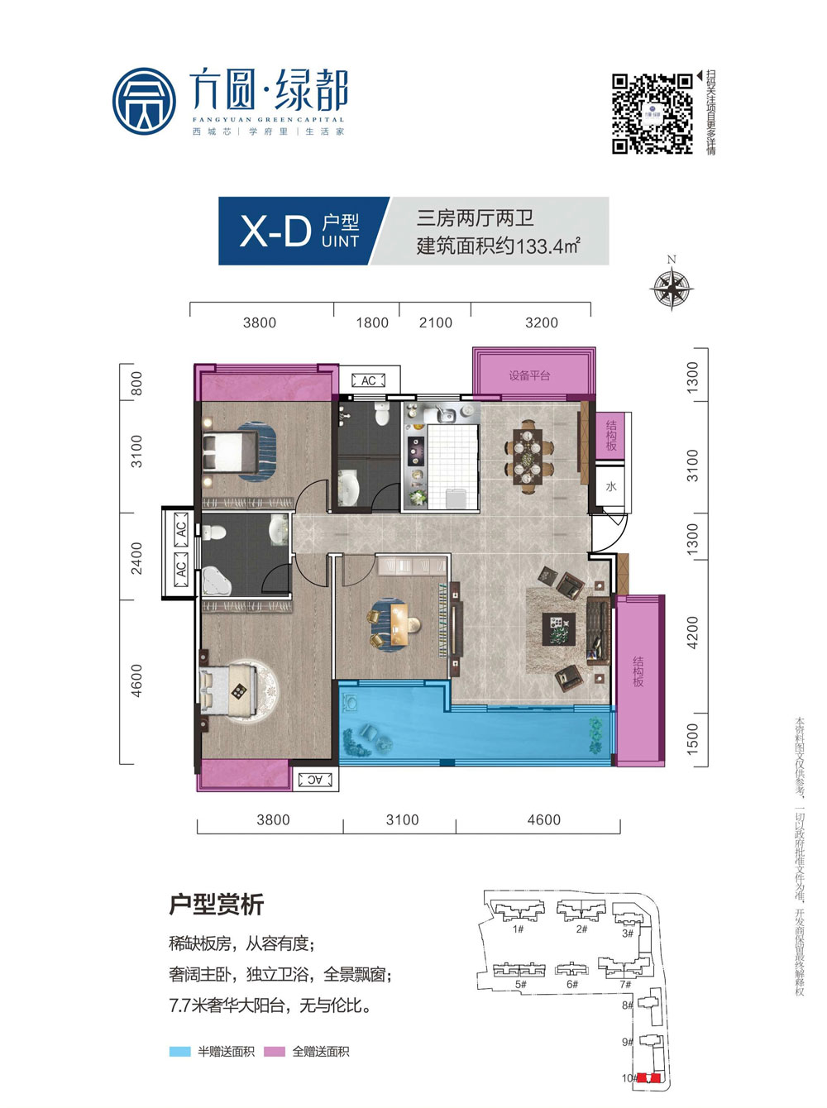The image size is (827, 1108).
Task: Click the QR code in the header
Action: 652,113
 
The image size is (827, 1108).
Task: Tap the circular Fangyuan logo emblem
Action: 145,102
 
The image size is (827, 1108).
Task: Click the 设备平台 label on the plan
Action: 529,376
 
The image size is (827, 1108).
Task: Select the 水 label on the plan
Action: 611,487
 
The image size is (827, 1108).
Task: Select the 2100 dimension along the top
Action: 436,322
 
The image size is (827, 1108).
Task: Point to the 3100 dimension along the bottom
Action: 403,819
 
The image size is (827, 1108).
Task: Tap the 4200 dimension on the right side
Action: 693,633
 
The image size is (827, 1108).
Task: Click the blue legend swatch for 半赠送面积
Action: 180,1052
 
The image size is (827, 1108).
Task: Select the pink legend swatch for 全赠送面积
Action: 275,1052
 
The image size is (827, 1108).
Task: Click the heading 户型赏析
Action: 216,905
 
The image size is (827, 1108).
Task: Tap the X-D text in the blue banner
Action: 275,231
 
